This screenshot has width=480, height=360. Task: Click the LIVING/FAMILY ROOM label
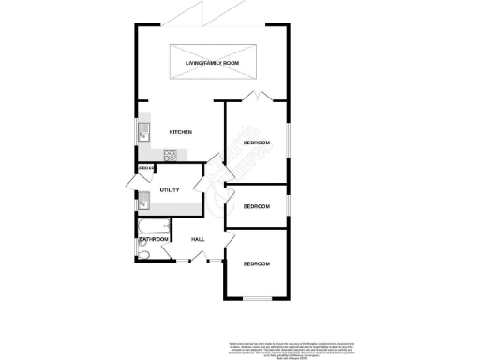pyautogui.click(x=212, y=64)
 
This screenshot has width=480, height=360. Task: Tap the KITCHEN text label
pyautogui.click(x=180, y=132)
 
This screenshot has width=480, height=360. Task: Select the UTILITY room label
pyautogui.click(x=170, y=190)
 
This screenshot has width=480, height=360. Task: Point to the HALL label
pyautogui.click(x=199, y=239)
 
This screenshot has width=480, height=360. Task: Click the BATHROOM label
pyautogui.click(x=154, y=240)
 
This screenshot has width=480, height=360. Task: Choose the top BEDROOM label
pyautogui.click(x=257, y=142)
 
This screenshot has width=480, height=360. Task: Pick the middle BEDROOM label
pyautogui.click(x=257, y=206)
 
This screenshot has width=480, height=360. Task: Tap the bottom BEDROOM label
pyautogui.click(x=257, y=264)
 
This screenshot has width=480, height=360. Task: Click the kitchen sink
pyautogui.click(x=145, y=131)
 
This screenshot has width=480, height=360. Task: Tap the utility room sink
pyautogui.click(x=144, y=199)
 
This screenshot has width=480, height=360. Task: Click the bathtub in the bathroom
pyautogui.click(x=153, y=225)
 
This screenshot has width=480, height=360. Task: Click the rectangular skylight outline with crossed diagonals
pyautogui.click(x=212, y=64)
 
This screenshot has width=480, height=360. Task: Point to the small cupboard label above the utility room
pyautogui.click(x=145, y=168)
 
